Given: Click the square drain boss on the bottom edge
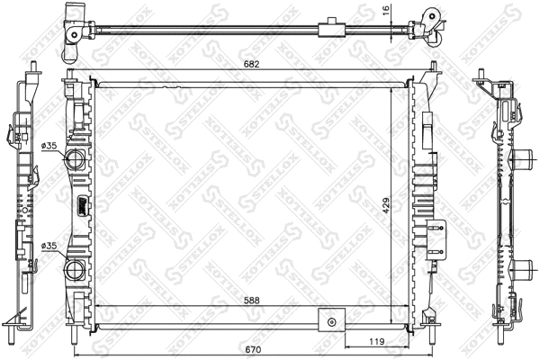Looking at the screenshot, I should point(331,319).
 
